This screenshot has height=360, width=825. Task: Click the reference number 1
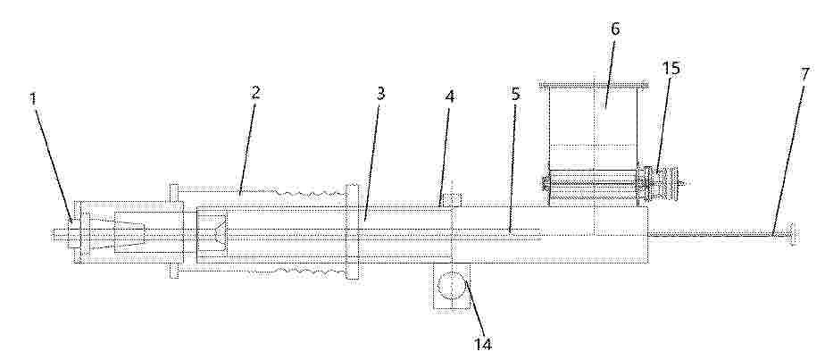[34, 99]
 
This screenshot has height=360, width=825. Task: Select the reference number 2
[255, 93]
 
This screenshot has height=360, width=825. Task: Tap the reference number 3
[380, 93]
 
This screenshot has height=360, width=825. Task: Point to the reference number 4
[450, 96]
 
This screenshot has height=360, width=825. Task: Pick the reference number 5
[516, 94]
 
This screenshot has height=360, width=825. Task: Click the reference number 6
[615, 29]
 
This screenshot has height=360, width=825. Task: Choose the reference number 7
[805, 75]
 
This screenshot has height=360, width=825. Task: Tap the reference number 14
[483, 344]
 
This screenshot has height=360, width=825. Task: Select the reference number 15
[671, 69]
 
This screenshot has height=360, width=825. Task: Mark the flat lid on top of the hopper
[594, 85]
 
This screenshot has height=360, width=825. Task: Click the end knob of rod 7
[792, 233]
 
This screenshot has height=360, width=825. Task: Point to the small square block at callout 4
[452, 200]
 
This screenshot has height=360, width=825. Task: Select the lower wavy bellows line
[299, 272]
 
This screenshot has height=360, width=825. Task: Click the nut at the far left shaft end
[73, 233]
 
